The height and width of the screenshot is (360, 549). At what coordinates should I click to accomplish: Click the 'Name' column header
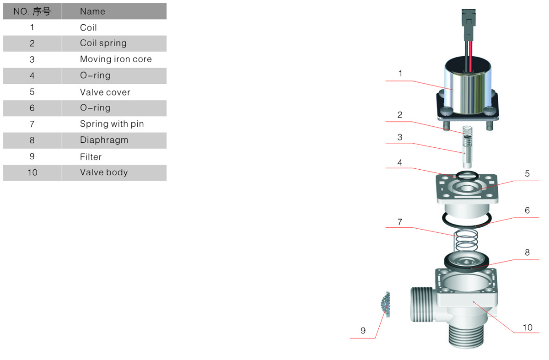92,11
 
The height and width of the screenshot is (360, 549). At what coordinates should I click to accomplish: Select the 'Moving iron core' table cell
116,59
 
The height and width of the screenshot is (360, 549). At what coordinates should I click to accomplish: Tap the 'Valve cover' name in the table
105,92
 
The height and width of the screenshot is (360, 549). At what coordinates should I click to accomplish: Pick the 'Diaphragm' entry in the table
104,140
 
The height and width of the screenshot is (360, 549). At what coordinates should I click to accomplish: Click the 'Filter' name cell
91,156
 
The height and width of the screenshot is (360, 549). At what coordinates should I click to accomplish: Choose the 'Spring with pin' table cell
112,124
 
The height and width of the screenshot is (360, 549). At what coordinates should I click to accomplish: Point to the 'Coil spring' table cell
103,43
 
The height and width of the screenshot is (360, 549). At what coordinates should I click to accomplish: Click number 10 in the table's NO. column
32,172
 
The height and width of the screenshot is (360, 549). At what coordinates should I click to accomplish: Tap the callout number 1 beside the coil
400,73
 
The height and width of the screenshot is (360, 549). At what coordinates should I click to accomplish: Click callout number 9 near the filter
363,331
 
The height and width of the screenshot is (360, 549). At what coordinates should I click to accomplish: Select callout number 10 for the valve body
527,328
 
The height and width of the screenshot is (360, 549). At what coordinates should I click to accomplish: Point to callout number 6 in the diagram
527,210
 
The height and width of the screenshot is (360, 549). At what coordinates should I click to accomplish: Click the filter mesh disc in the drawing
386,304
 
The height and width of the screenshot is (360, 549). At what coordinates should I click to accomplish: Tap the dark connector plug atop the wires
468,25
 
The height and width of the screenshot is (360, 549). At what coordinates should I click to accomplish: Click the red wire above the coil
471,56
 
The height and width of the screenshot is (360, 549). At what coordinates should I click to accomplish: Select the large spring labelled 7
466,241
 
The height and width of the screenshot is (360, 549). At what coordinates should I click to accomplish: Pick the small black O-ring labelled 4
467,176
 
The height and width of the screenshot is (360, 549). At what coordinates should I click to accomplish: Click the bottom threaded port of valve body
466,335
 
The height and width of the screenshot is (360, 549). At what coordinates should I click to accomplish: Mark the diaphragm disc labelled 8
466,262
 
